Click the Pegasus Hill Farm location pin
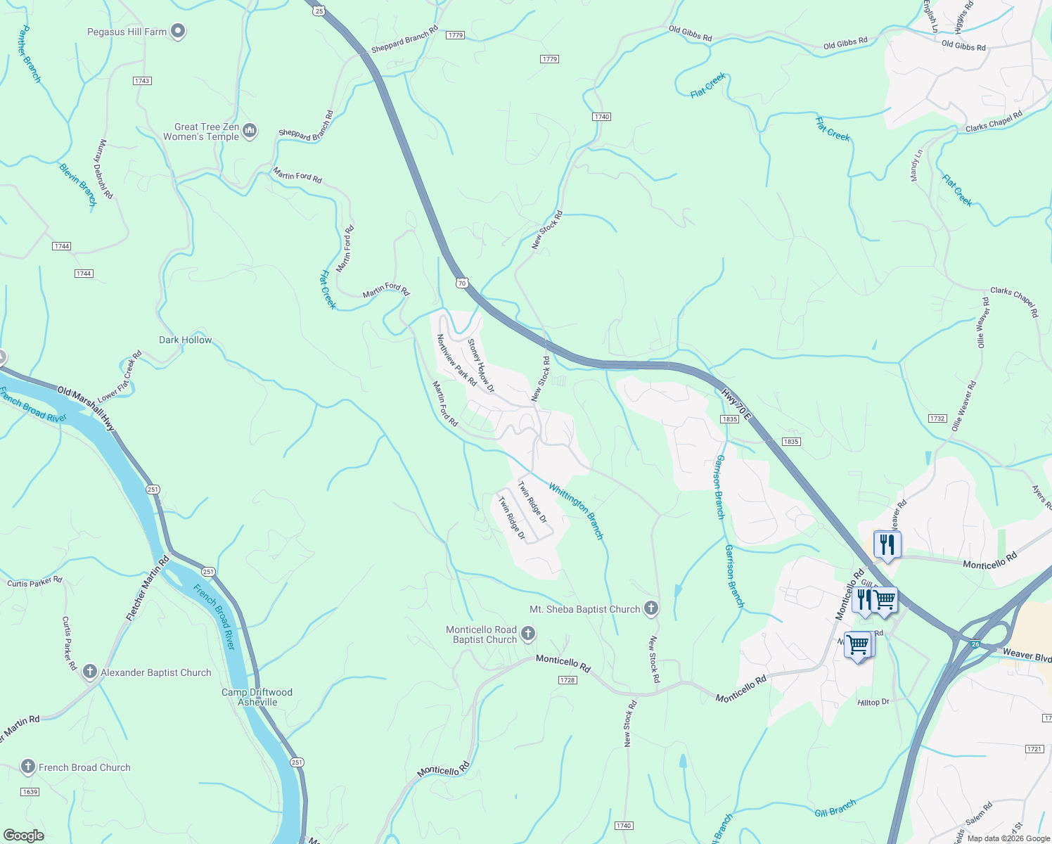[178, 31]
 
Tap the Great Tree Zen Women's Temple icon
[250, 131]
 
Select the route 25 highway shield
[319, 11]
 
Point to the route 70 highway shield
[461, 283]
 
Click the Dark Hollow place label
[185, 340]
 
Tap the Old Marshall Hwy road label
[85, 409]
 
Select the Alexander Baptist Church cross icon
[89, 672]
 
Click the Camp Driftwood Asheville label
[257, 697]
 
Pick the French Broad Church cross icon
[28, 767]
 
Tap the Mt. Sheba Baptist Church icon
[651, 608]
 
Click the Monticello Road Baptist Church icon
[527, 634]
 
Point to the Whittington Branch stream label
[576, 511]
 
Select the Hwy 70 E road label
[736, 405]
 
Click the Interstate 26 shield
[975, 644]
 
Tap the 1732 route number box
[937, 418]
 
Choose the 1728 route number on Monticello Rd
[567, 680]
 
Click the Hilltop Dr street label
[873, 702]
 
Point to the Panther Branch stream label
[28, 54]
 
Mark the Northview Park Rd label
[456, 359]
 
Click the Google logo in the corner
[23, 835]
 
